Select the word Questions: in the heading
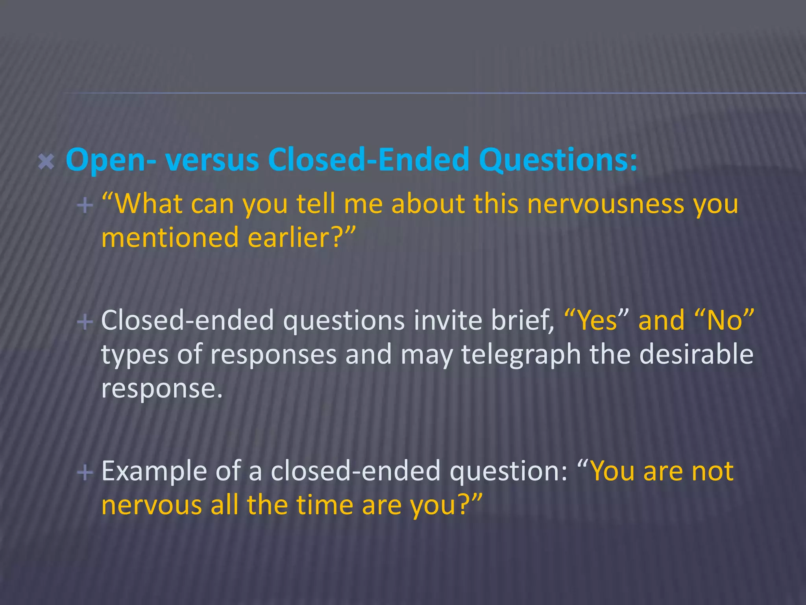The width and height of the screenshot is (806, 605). click(558, 160)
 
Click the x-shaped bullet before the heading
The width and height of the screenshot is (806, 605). click(46, 162)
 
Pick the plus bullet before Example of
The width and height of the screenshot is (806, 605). click(85, 471)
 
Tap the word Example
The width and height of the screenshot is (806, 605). click(154, 471)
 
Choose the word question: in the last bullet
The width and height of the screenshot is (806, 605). click(508, 471)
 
